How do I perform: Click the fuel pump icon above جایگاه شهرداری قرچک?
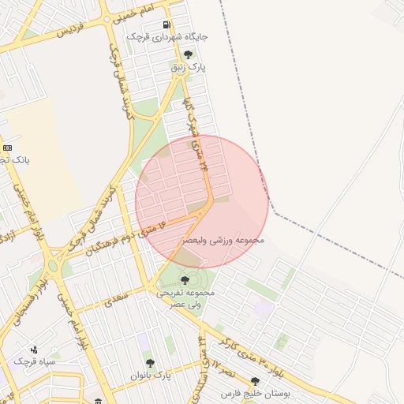point(166,24)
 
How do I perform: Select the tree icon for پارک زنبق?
point(188,54)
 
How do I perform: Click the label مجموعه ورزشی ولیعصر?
point(223,239)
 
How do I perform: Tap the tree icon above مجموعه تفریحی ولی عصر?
point(185,279)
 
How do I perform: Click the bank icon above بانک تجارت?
point(8,148)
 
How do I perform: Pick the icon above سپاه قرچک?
point(33,350)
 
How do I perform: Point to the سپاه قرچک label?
point(30,361)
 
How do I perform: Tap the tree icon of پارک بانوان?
point(150,363)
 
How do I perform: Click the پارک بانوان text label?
point(152,375)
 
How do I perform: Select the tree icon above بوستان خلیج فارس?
point(255,381)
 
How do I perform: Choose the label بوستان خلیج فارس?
point(257,392)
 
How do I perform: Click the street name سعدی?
point(116,297)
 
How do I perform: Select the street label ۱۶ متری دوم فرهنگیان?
point(128,237)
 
